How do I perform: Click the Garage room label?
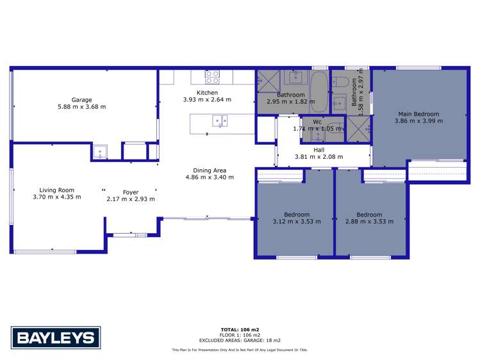(81, 100)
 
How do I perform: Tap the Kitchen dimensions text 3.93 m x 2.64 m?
(207, 100)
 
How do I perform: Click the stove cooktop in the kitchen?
(212, 77)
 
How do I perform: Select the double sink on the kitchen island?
(220, 120)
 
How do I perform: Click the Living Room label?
(57, 190)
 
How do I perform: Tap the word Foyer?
(131, 192)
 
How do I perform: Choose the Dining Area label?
(206, 170)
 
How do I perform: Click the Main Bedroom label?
(418, 114)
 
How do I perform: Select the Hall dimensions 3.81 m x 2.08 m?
(319, 157)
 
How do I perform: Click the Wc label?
(317, 121)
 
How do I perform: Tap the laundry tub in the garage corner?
(101, 152)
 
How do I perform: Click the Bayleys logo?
(54, 338)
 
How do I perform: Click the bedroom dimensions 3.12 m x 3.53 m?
(297, 222)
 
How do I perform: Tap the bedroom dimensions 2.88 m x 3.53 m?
(369, 222)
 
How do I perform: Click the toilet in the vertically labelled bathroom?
(341, 83)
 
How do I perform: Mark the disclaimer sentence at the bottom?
(240, 350)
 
